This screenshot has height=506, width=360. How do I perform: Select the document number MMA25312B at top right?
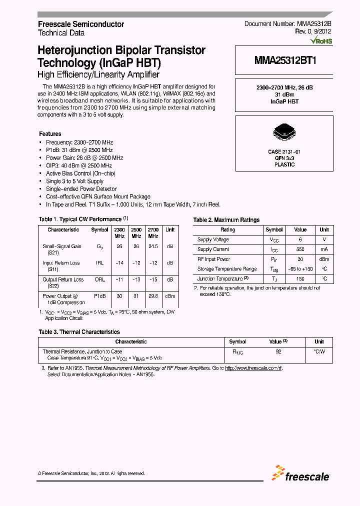(288, 24)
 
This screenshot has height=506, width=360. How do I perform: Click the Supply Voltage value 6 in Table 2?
(300, 239)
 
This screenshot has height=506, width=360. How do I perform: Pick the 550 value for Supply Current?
(300, 249)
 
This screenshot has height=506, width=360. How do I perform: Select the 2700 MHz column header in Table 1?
(153, 232)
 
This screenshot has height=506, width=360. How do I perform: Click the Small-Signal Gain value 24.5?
(153, 246)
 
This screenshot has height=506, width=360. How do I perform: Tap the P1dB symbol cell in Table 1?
(100, 296)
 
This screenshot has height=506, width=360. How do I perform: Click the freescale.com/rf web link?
(253, 368)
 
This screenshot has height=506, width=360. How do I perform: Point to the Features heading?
(50, 134)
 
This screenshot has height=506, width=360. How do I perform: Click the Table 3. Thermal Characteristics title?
(79, 332)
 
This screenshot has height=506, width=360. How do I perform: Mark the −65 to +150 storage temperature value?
(300, 269)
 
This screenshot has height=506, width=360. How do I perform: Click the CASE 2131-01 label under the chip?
(284, 151)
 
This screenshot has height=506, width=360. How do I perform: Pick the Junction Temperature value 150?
(300, 278)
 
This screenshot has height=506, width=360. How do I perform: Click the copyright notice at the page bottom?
(91, 473)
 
